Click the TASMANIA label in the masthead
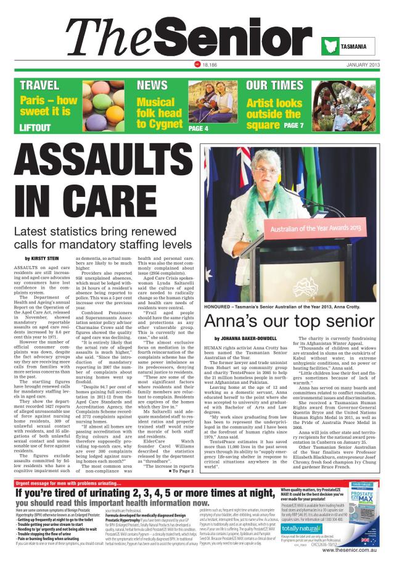point(353,47)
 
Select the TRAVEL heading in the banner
point(40,85)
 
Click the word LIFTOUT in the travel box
point(35,127)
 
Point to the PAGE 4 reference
point(198,128)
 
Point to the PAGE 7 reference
point(293,126)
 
